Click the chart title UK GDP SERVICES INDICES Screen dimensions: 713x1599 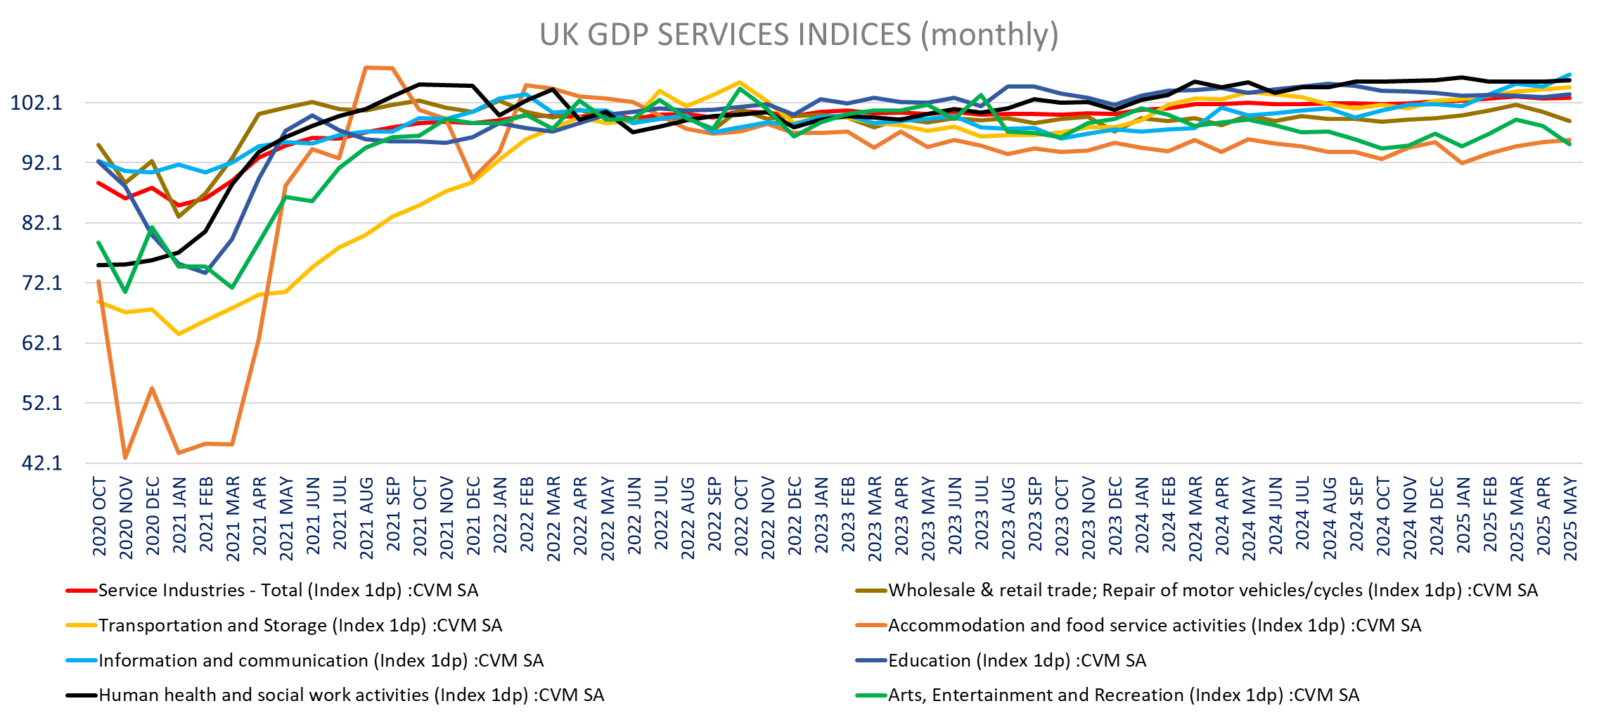(x=799, y=34)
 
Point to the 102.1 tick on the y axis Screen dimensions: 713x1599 (x=36, y=103)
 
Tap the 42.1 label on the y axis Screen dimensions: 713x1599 (x=41, y=463)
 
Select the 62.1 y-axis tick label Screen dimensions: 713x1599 (x=41, y=343)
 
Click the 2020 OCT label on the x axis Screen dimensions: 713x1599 (x=99, y=517)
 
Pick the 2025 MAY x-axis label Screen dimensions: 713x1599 (x=1569, y=519)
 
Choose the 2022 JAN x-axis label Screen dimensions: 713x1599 (x=500, y=517)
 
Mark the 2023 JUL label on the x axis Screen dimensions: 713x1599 (x=982, y=517)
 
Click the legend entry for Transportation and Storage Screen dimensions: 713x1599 (x=300, y=625)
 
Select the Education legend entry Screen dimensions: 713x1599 (x=1017, y=660)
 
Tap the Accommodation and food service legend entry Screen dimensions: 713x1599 (x=1154, y=625)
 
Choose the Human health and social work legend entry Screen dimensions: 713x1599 (x=351, y=695)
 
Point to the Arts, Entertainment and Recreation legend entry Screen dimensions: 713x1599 (x=1123, y=695)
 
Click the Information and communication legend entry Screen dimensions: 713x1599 (x=321, y=660)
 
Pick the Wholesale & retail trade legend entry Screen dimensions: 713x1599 (x=1212, y=590)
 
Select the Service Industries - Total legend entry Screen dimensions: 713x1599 (x=288, y=590)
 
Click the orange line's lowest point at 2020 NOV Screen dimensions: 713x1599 (x=126, y=458)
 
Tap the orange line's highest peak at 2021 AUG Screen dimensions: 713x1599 (x=366, y=68)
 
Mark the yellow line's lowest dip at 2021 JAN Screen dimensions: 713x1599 (x=179, y=334)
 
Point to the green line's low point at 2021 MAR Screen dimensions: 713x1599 (x=232, y=288)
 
